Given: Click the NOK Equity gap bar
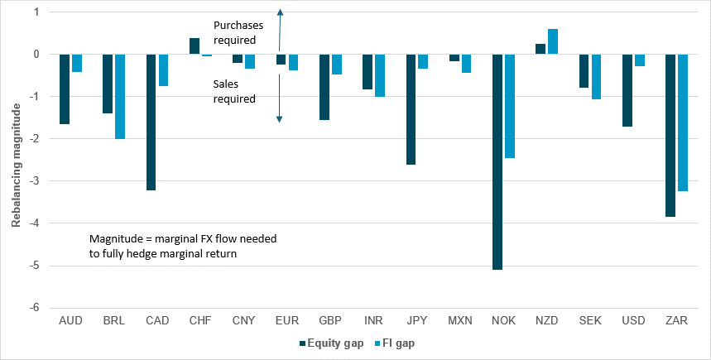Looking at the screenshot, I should click(498, 161).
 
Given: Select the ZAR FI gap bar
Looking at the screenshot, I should click(683, 122).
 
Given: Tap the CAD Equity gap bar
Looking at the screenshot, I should click(151, 122).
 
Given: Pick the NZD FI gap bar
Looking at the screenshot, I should click(553, 41).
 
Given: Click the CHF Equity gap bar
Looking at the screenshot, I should click(195, 46).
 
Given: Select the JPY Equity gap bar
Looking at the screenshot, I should click(411, 109).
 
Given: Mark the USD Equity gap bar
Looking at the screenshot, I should click(627, 90).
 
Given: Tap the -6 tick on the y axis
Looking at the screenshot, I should click(35, 308).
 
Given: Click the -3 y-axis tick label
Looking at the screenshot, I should click(35, 181).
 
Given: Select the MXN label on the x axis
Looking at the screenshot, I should click(460, 319).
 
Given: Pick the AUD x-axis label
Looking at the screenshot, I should click(70, 319).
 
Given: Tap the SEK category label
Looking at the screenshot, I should click(590, 319).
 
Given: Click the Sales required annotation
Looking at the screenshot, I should click(235, 91).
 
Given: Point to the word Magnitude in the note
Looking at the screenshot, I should click(115, 238).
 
